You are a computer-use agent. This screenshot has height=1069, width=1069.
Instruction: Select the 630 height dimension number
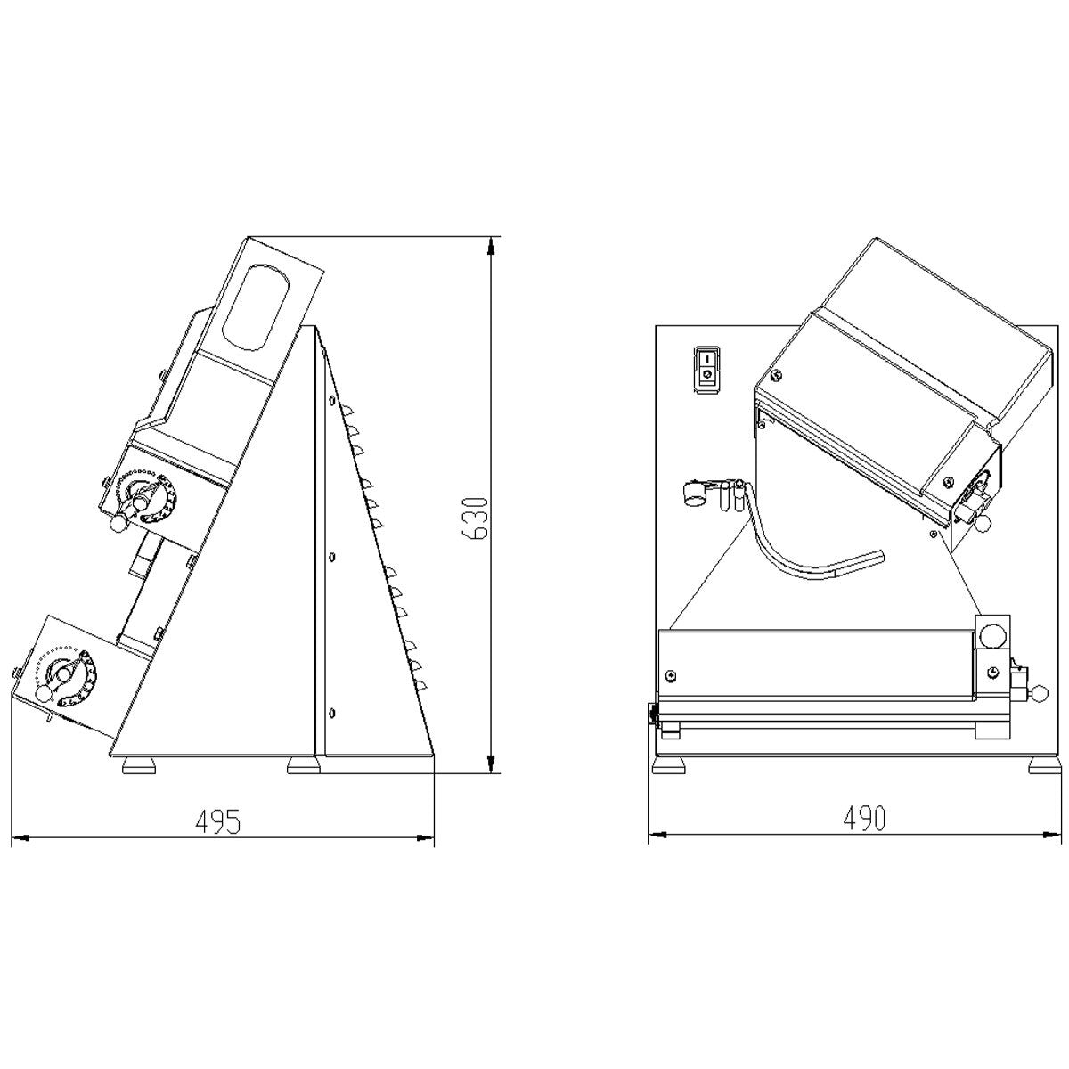[x=475, y=517]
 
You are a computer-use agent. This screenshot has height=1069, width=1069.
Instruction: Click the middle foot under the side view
[x=303, y=764]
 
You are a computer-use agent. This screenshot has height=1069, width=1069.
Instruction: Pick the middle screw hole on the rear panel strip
[x=332, y=557]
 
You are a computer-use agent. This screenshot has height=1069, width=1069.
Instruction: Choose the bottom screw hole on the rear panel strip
[x=332, y=711]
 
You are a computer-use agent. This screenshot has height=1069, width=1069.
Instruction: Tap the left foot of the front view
[x=670, y=765]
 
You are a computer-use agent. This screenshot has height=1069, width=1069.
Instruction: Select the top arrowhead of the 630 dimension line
[x=489, y=244]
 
